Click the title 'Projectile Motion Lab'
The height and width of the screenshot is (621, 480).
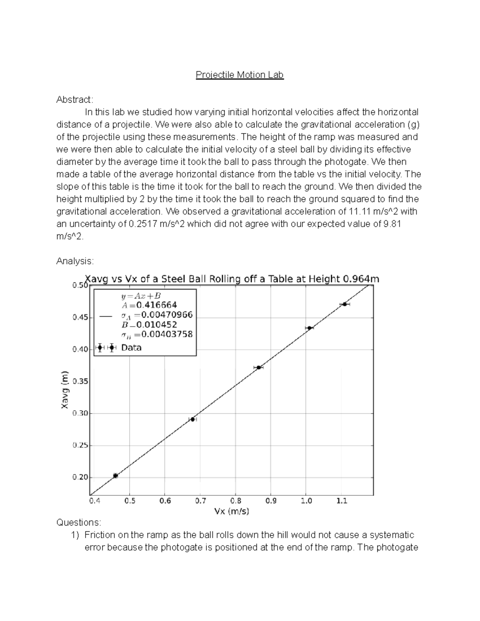click(240, 75)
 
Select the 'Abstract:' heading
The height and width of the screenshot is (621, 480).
click(74, 100)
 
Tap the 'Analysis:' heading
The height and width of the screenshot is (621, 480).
click(75, 261)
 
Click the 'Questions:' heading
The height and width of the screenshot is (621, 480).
click(79, 523)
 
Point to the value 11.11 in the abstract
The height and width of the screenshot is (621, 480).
click(356, 211)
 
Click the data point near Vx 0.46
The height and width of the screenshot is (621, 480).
click(116, 475)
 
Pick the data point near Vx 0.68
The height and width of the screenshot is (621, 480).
click(192, 419)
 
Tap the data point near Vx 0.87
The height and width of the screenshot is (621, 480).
click(259, 367)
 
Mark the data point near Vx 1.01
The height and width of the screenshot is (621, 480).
click(309, 328)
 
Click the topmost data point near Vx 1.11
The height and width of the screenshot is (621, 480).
click(344, 304)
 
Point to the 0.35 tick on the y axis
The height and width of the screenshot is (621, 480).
click(80, 381)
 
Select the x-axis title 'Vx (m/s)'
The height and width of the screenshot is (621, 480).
click(232, 511)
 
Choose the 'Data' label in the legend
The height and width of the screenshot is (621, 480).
click(131, 347)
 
